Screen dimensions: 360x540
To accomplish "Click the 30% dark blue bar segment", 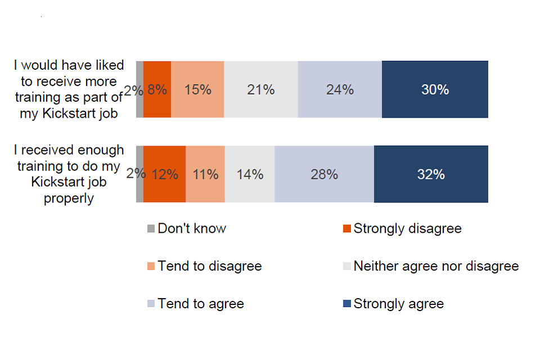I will (x=435, y=89).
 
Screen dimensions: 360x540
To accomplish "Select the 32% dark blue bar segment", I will (x=431, y=174).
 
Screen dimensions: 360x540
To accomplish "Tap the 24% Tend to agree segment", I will (x=340, y=89).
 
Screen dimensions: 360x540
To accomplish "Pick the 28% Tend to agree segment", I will (x=324, y=174).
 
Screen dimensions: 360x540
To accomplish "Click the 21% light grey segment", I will (x=261, y=89).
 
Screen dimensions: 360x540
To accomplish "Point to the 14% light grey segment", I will (x=250, y=174).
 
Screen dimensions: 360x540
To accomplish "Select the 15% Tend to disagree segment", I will (x=197, y=89).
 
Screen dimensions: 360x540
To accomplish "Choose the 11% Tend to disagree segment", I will (x=205, y=174).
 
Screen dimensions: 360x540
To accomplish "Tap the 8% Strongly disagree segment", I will (x=157, y=89).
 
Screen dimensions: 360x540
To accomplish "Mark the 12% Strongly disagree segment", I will (x=164, y=174).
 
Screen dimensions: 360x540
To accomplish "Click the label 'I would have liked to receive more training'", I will (x=69, y=89).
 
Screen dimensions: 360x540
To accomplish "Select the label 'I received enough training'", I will (x=69, y=174).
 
